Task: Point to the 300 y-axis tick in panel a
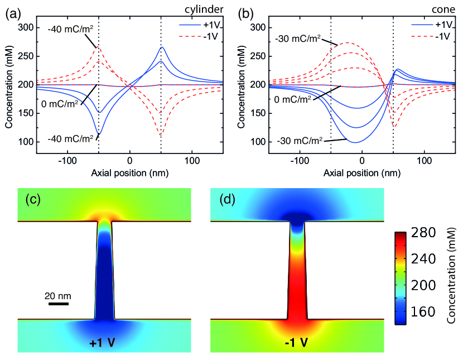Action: coord(26,27)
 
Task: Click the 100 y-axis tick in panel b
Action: coord(258,142)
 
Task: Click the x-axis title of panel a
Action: coord(130,172)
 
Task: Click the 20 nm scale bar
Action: coord(58,304)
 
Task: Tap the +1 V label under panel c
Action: coord(102,342)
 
